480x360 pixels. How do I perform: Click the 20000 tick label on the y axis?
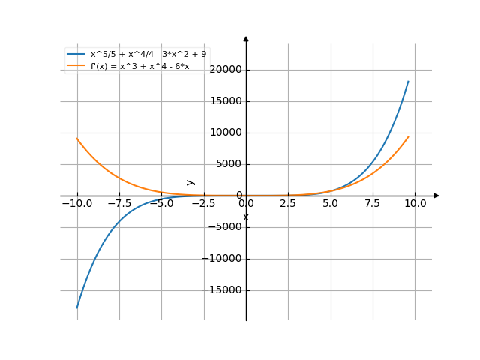pyautogui.click(x=226, y=70)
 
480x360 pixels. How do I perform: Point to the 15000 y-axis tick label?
pyautogui.click(x=226, y=101)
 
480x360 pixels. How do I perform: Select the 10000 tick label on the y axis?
pyautogui.click(x=226, y=133)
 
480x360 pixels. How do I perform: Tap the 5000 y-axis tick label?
pyautogui.click(x=228, y=164)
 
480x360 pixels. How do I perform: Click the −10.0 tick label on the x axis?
pyautogui.click(x=76, y=204)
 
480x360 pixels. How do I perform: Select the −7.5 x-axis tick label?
pyautogui.click(x=118, y=204)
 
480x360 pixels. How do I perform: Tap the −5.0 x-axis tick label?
pyautogui.click(x=160, y=204)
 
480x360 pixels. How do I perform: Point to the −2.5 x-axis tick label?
pyautogui.click(x=203, y=204)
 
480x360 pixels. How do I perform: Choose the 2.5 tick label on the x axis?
pyautogui.click(x=289, y=204)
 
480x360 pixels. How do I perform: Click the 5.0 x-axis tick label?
pyautogui.click(x=331, y=204)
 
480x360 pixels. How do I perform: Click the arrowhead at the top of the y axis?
pyautogui.click(x=246, y=37)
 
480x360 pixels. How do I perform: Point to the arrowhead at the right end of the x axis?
pyautogui.click(x=436, y=196)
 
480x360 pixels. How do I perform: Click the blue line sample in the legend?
pyautogui.click(x=76, y=54)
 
